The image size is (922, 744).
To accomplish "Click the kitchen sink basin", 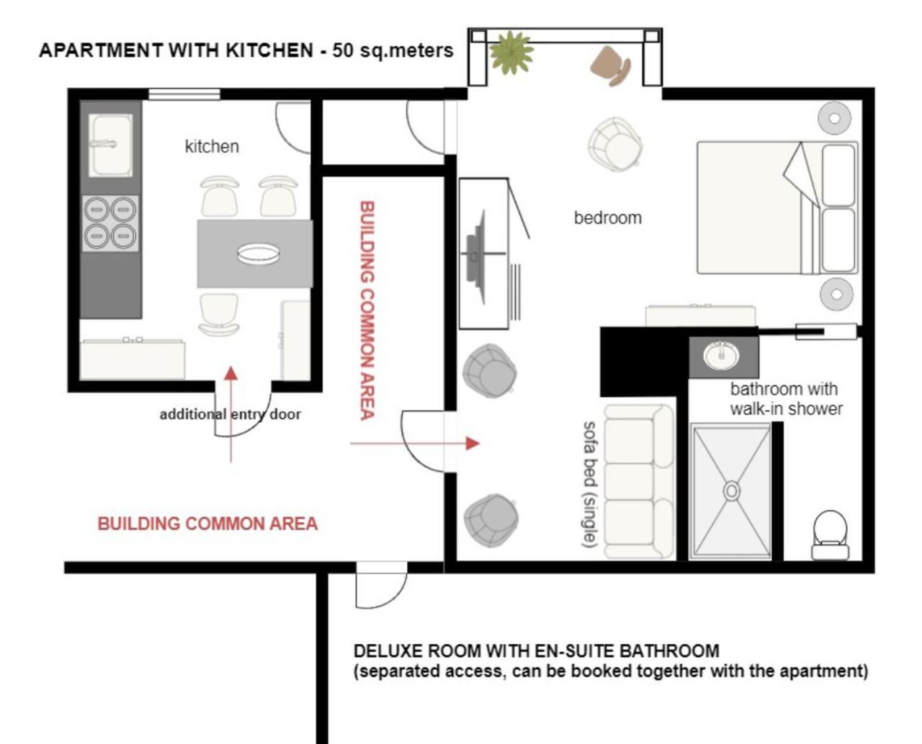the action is (110, 145).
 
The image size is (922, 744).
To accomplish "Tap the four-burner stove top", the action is (110, 223).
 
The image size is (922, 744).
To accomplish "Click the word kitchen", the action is (212, 146).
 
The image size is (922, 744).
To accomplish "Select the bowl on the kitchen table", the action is (259, 254).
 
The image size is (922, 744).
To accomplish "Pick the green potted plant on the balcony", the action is (511, 53).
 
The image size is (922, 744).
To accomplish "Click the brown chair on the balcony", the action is (611, 66).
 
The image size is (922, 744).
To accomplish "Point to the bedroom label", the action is (608, 218).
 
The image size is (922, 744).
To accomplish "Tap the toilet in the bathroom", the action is (830, 535).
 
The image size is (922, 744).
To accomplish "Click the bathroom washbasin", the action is (721, 357).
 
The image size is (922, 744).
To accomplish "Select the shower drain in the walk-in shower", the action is (732, 490).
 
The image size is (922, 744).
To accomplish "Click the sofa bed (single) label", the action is (589, 484).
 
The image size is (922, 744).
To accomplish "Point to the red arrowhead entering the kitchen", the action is (231, 373).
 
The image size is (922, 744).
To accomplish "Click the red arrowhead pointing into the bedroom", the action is (473, 443).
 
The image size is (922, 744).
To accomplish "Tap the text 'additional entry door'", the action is (230, 414).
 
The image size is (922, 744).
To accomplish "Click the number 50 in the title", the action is (342, 50).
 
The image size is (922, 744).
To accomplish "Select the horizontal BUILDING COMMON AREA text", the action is (207, 524).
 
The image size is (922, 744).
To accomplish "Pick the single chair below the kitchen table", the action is (218, 315).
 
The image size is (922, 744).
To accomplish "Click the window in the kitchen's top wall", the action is (184, 94).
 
